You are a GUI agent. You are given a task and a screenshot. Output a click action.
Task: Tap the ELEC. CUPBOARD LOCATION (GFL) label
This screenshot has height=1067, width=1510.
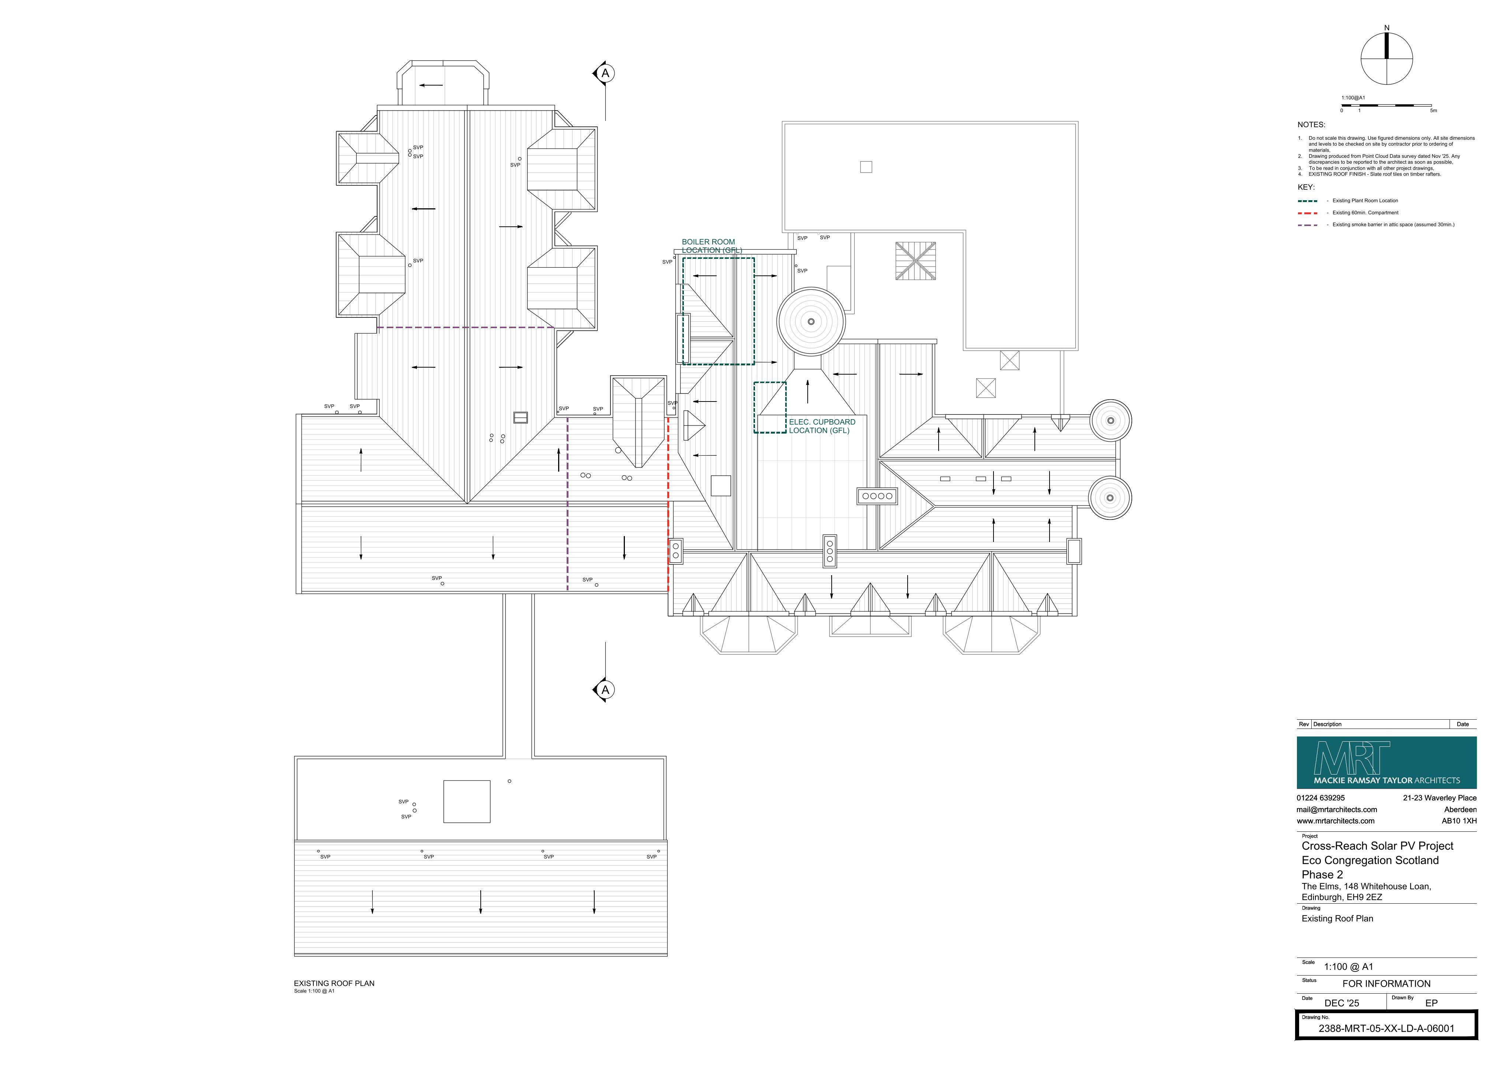(822, 426)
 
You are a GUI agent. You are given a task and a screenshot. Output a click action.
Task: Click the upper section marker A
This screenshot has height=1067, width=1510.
(604, 73)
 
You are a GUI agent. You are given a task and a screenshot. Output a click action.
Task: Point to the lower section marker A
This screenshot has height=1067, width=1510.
(604, 690)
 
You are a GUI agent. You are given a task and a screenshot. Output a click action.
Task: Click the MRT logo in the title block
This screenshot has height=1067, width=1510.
(1387, 762)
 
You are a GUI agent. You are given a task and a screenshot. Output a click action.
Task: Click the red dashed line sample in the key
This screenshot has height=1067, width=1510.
(1308, 213)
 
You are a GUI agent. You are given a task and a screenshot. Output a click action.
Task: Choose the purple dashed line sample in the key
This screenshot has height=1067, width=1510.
(1308, 225)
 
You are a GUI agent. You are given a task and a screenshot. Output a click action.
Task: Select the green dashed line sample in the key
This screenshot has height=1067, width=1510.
(1308, 201)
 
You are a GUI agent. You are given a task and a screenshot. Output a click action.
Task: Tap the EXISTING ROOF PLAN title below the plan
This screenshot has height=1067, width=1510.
(334, 983)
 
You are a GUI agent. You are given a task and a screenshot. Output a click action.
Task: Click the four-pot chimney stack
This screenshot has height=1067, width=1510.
(877, 496)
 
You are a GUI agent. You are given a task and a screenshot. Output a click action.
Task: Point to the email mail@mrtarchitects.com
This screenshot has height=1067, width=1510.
(1336, 810)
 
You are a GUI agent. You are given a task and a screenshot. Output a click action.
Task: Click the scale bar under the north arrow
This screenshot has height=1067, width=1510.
(1387, 105)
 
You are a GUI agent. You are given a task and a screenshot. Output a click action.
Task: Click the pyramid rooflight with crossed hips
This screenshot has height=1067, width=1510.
(915, 261)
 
